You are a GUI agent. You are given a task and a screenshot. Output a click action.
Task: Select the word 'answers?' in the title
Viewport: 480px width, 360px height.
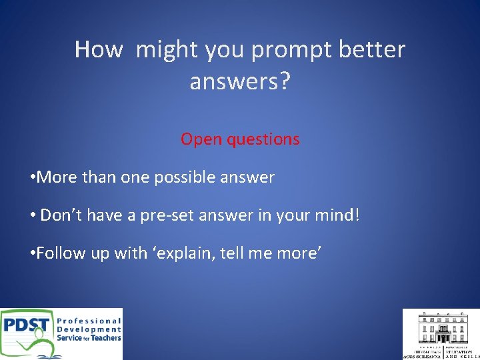pyautogui.click(x=240, y=82)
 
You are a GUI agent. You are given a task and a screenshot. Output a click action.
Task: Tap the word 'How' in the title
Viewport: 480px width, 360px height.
pyautogui.click(x=99, y=49)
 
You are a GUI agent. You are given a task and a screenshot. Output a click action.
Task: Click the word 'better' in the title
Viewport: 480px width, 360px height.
pyautogui.click(x=374, y=49)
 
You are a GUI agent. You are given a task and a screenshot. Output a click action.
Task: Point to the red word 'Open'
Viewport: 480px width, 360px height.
pyautogui.click(x=196, y=139)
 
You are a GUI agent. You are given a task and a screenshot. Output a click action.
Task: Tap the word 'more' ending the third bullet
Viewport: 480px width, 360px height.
pyautogui.click(x=297, y=253)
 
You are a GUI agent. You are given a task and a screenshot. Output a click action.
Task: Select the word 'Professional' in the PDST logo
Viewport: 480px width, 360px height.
pyautogui.click(x=89, y=321)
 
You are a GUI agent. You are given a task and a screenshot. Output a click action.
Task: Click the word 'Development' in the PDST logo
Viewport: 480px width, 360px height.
pyautogui.click(x=89, y=329)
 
